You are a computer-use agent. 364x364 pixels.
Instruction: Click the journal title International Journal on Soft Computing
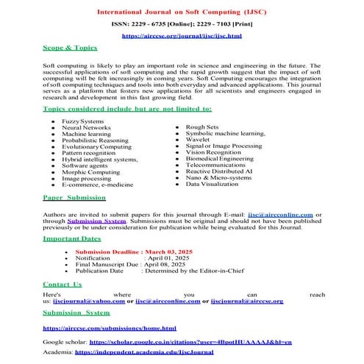click(182, 12)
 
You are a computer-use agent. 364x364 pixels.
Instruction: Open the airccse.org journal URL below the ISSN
click(181, 35)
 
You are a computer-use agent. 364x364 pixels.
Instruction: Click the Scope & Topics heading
click(70, 48)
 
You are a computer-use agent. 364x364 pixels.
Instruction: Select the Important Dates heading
click(72, 239)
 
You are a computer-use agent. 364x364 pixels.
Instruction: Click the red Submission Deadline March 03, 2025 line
click(132, 251)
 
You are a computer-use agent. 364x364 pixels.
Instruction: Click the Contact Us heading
click(63, 284)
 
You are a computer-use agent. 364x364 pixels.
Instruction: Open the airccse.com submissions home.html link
click(110, 328)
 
